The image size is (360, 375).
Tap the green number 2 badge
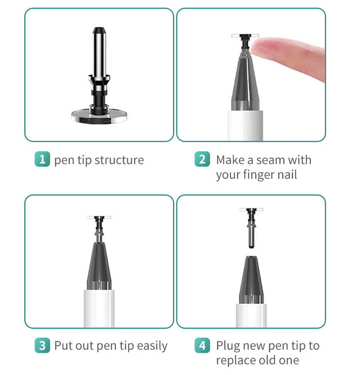(x=202, y=160)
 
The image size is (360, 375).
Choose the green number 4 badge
(x=202, y=345)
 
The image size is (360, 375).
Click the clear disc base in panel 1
(x=99, y=115)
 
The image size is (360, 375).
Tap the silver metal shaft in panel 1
(x=99, y=54)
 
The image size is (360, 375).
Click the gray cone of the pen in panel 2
(x=245, y=83)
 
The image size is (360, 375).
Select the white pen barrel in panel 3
(x=99, y=308)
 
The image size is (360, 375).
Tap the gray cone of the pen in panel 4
(x=251, y=281)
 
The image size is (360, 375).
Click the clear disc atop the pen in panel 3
(x=99, y=217)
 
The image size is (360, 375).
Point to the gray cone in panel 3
(x=99, y=267)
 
